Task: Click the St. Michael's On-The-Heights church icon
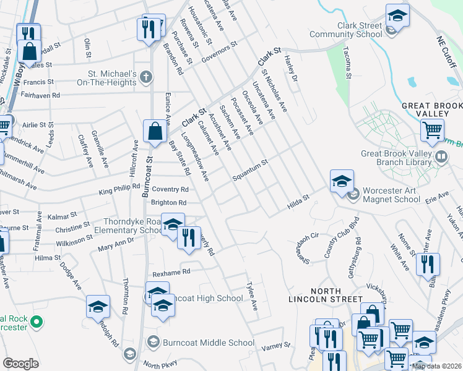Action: [145, 77]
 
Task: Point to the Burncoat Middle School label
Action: [208, 343]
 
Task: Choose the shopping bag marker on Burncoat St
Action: [154, 132]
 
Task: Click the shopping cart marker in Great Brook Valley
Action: [431, 130]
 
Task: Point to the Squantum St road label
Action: [249, 170]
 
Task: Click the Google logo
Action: [20, 363]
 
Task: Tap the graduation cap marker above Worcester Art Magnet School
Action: [342, 182]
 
